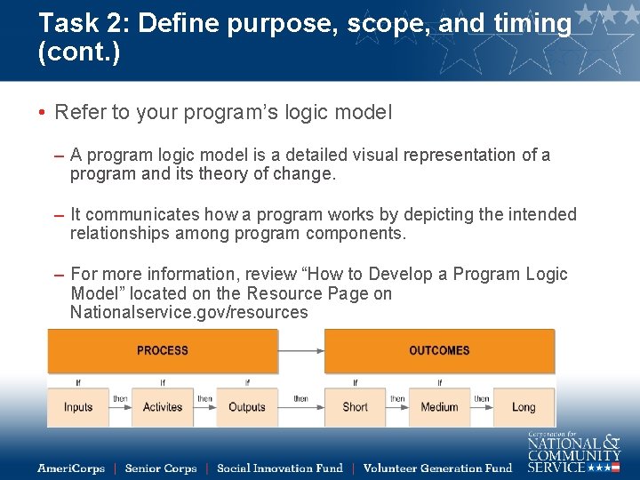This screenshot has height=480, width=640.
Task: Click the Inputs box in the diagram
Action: point(78,407)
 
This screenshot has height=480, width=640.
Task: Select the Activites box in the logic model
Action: point(163,407)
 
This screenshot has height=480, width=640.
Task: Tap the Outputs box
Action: point(247,407)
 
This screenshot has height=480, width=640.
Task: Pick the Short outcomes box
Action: point(355,407)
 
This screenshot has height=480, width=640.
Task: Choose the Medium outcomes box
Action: point(439,407)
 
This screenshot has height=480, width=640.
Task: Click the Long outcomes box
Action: point(524,407)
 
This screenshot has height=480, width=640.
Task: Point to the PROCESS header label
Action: point(163,350)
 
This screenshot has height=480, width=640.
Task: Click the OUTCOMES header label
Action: point(439,350)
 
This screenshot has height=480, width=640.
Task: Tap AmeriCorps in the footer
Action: point(71,468)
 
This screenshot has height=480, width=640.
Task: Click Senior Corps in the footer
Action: point(161,468)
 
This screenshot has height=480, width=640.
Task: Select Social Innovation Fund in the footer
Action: point(279,468)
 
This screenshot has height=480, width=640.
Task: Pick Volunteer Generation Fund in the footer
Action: point(437,468)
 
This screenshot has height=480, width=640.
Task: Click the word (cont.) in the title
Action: point(79,52)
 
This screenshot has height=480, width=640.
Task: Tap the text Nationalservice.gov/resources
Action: point(189,313)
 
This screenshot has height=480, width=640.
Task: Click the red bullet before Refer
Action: point(42,113)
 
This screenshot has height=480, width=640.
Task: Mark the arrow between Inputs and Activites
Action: point(120,407)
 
